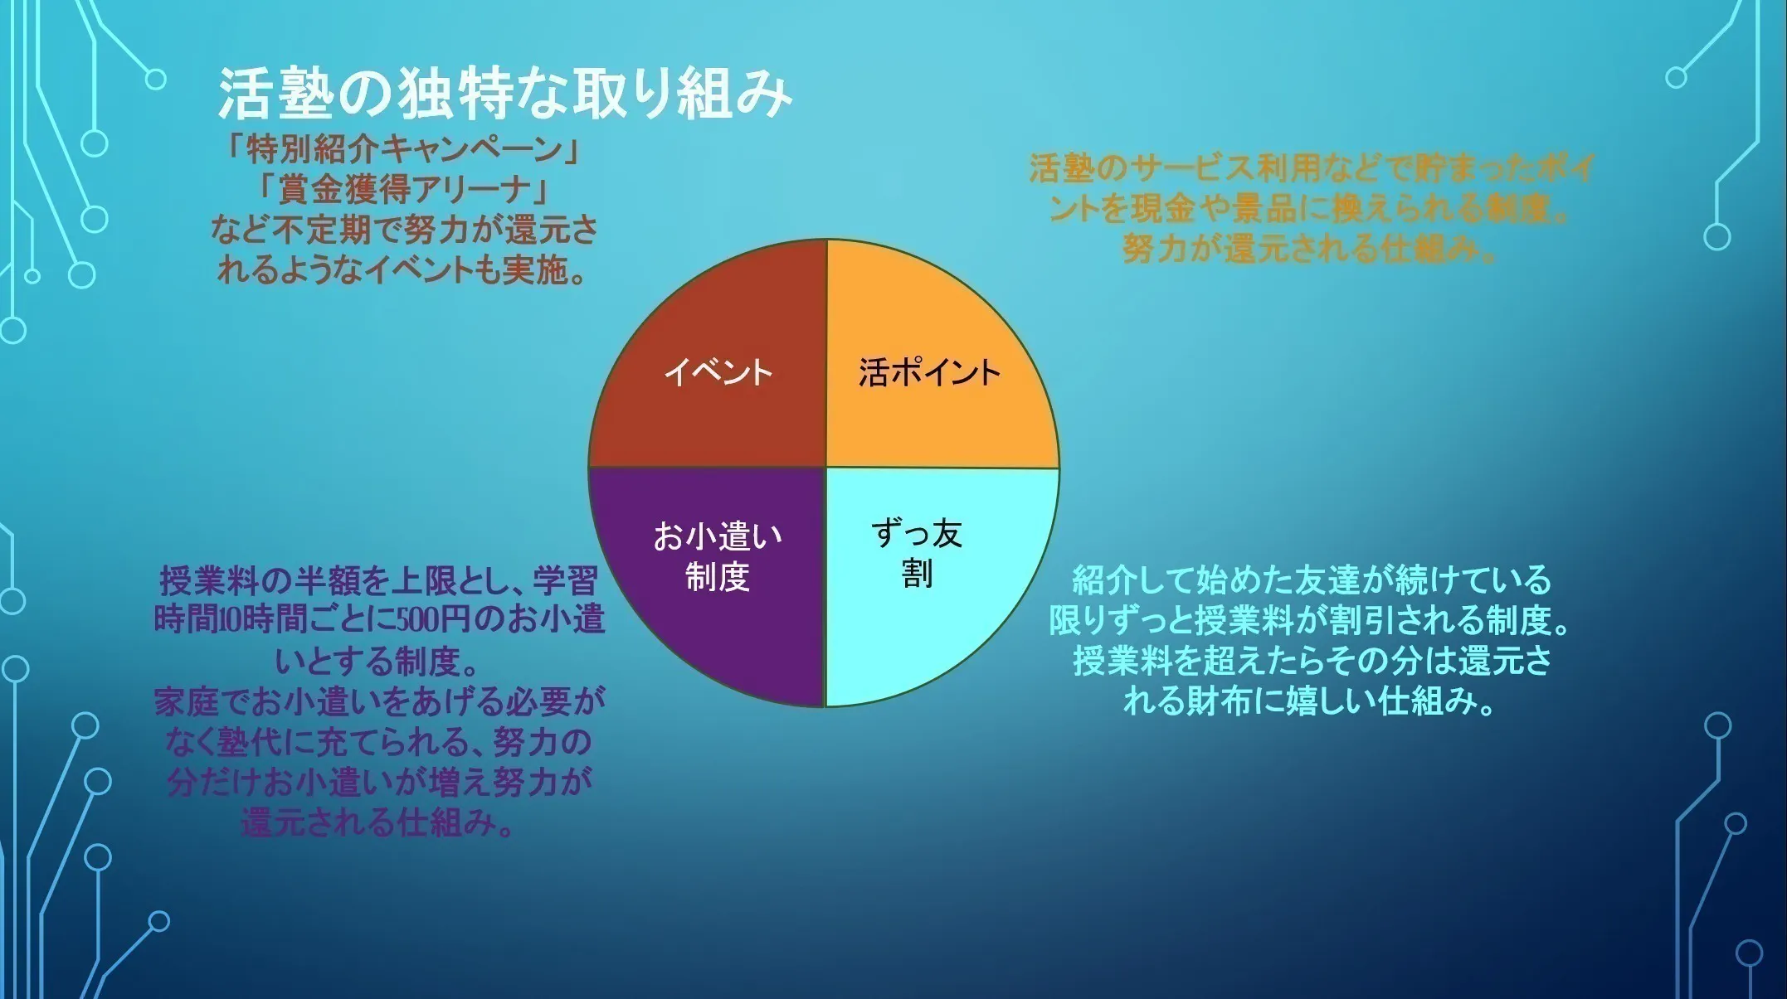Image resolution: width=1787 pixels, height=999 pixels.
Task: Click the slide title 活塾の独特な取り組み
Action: coord(504,93)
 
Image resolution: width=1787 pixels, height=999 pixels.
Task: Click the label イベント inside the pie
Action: coord(718,371)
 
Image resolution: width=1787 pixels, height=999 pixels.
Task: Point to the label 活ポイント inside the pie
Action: coord(929,372)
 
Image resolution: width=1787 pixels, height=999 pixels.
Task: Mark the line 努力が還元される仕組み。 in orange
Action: coord(1311,248)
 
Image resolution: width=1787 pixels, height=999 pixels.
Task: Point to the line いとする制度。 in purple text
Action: coord(378,661)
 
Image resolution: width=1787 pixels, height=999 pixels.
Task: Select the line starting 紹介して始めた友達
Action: coord(1311,580)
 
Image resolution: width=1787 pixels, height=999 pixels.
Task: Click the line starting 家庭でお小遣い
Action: coord(379,701)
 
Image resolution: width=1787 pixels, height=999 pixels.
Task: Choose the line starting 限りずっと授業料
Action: coord(1311,620)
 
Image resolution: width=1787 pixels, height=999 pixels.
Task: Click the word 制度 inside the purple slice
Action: coord(718,576)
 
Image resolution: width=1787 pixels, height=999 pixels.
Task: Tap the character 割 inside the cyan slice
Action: coord(917,574)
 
